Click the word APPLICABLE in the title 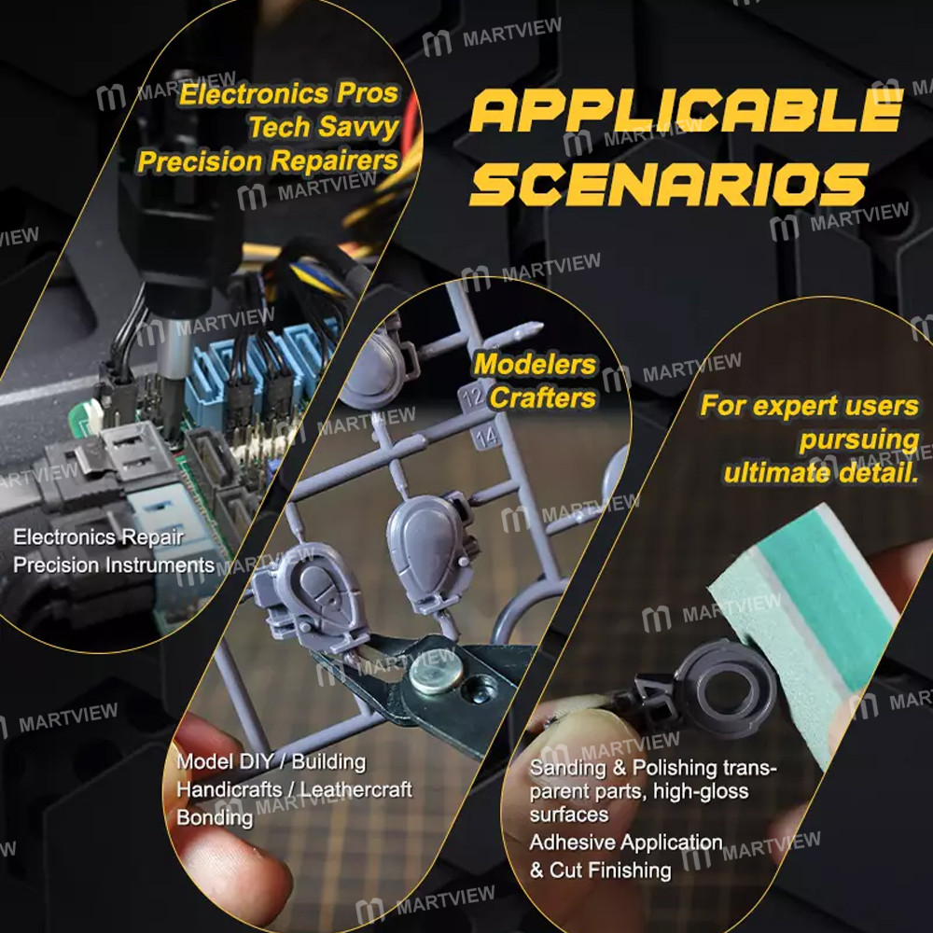click(686, 110)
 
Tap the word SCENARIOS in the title click(669, 184)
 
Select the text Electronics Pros click(288, 94)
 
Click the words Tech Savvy click(324, 127)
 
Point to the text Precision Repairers click(268, 161)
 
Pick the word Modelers click(535, 364)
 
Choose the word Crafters click(543, 398)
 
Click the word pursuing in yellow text click(859, 441)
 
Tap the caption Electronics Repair click(98, 537)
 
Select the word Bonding click(215, 817)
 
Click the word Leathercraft click(356, 789)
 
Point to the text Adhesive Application click(626, 842)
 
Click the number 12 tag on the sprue click(472, 397)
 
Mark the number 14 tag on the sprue click(487, 436)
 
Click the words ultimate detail click(821, 474)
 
